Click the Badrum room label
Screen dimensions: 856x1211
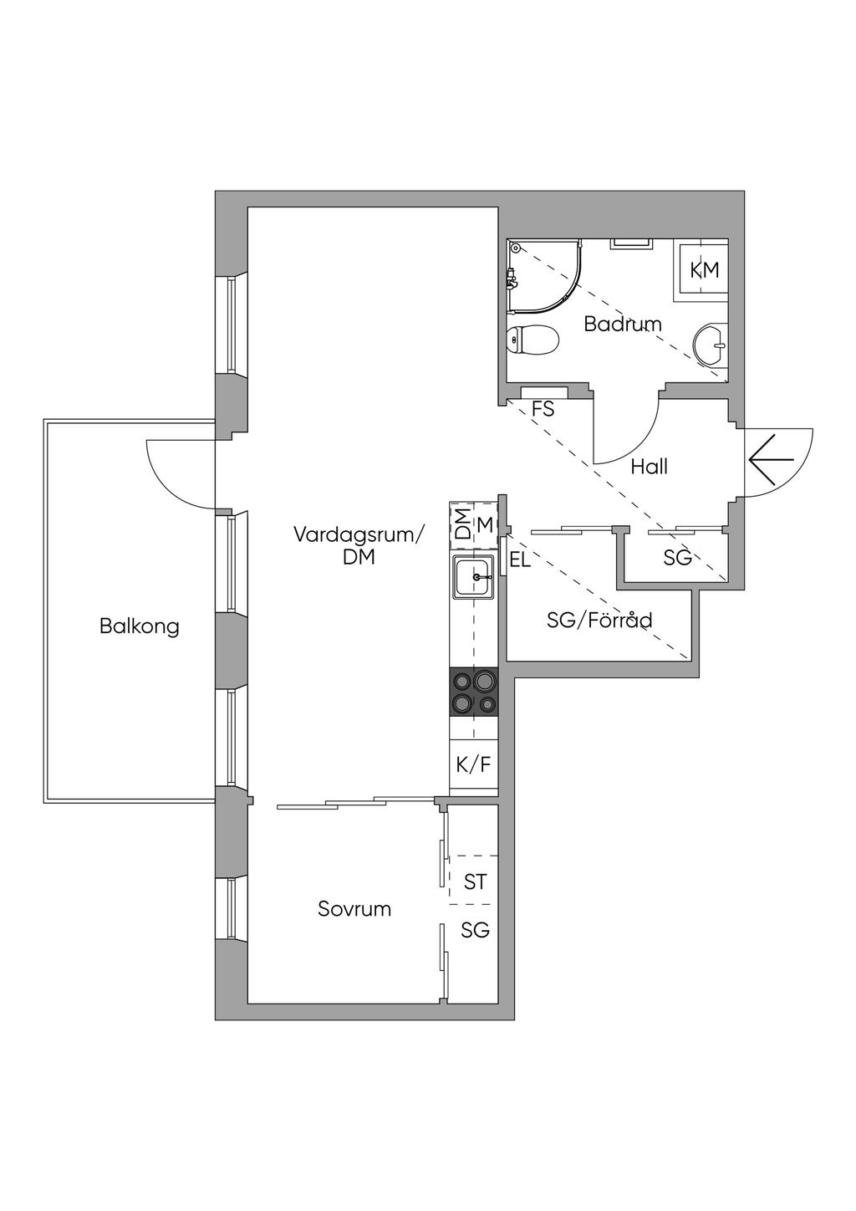623,324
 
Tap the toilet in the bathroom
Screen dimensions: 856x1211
532,340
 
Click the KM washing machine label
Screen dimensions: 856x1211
705,269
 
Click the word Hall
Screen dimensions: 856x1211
649,466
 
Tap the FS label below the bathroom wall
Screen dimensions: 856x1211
543,409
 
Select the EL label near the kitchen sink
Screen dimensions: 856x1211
520,560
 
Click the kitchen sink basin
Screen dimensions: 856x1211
473,578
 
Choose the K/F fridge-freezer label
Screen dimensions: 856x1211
473,765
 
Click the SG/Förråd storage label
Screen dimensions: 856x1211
599,620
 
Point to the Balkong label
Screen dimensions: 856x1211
140,626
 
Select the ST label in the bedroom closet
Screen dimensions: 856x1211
475,882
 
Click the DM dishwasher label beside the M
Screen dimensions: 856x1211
462,524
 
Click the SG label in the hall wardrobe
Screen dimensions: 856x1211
678,557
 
